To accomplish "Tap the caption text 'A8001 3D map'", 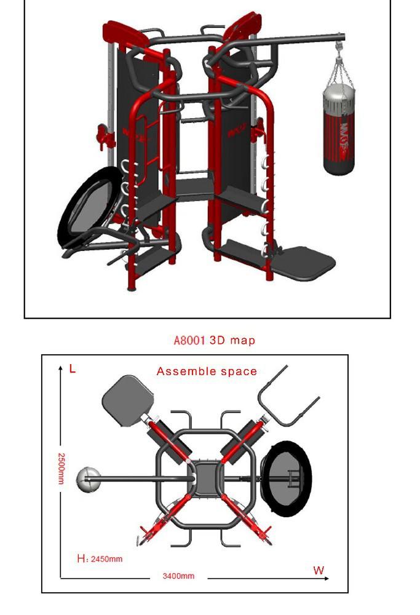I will pos(214,340).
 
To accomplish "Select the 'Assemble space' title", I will pos(207,371).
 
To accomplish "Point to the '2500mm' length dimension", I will pos(61,469).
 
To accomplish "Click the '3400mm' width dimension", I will pos(178,576).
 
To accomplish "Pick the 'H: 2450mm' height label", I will pos(100,560).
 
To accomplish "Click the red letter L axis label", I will pos(73,369).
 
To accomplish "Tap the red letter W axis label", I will pos(319,570).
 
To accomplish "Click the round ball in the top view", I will pos(87,480).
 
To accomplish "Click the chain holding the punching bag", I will pos(338,68).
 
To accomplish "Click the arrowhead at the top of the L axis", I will pos(61,368).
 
